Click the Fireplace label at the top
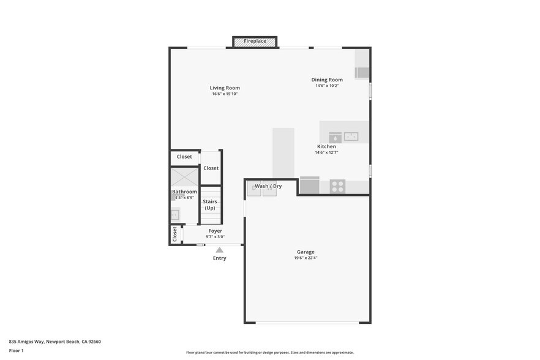(x=255, y=41)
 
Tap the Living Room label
(x=225, y=88)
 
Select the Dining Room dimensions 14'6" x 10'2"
(x=327, y=86)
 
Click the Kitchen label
(x=326, y=146)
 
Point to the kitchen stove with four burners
(x=337, y=186)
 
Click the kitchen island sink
(x=351, y=137)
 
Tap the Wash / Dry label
(x=268, y=186)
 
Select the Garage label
(x=306, y=252)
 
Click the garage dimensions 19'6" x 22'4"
(x=306, y=258)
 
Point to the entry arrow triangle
(x=219, y=250)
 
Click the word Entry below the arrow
(x=219, y=258)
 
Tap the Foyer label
(x=215, y=231)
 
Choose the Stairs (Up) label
(x=210, y=204)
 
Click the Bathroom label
(x=184, y=192)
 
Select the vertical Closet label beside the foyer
(x=175, y=234)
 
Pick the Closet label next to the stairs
(x=211, y=168)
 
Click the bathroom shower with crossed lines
(x=184, y=177)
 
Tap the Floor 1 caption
(x=16, y=351)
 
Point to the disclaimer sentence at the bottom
(x=269, y=353)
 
